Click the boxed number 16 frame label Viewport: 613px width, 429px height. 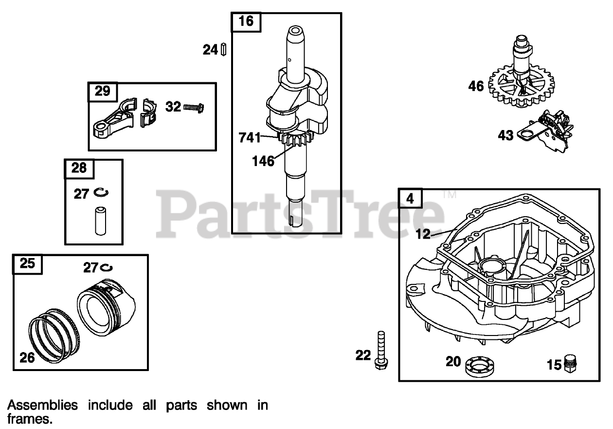pos(247,22)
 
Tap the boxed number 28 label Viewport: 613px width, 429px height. pos(79,168)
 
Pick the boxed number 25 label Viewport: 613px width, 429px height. pos(27,263)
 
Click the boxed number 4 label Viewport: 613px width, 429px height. pos(411,198)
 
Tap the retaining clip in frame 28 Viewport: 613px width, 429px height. pos(101,193)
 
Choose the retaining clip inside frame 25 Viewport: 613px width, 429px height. pos(107,267)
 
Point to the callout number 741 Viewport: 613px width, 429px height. pos(250,137)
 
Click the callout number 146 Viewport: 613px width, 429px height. pos(262,161)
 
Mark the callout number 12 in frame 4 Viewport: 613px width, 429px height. pos(423,234)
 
